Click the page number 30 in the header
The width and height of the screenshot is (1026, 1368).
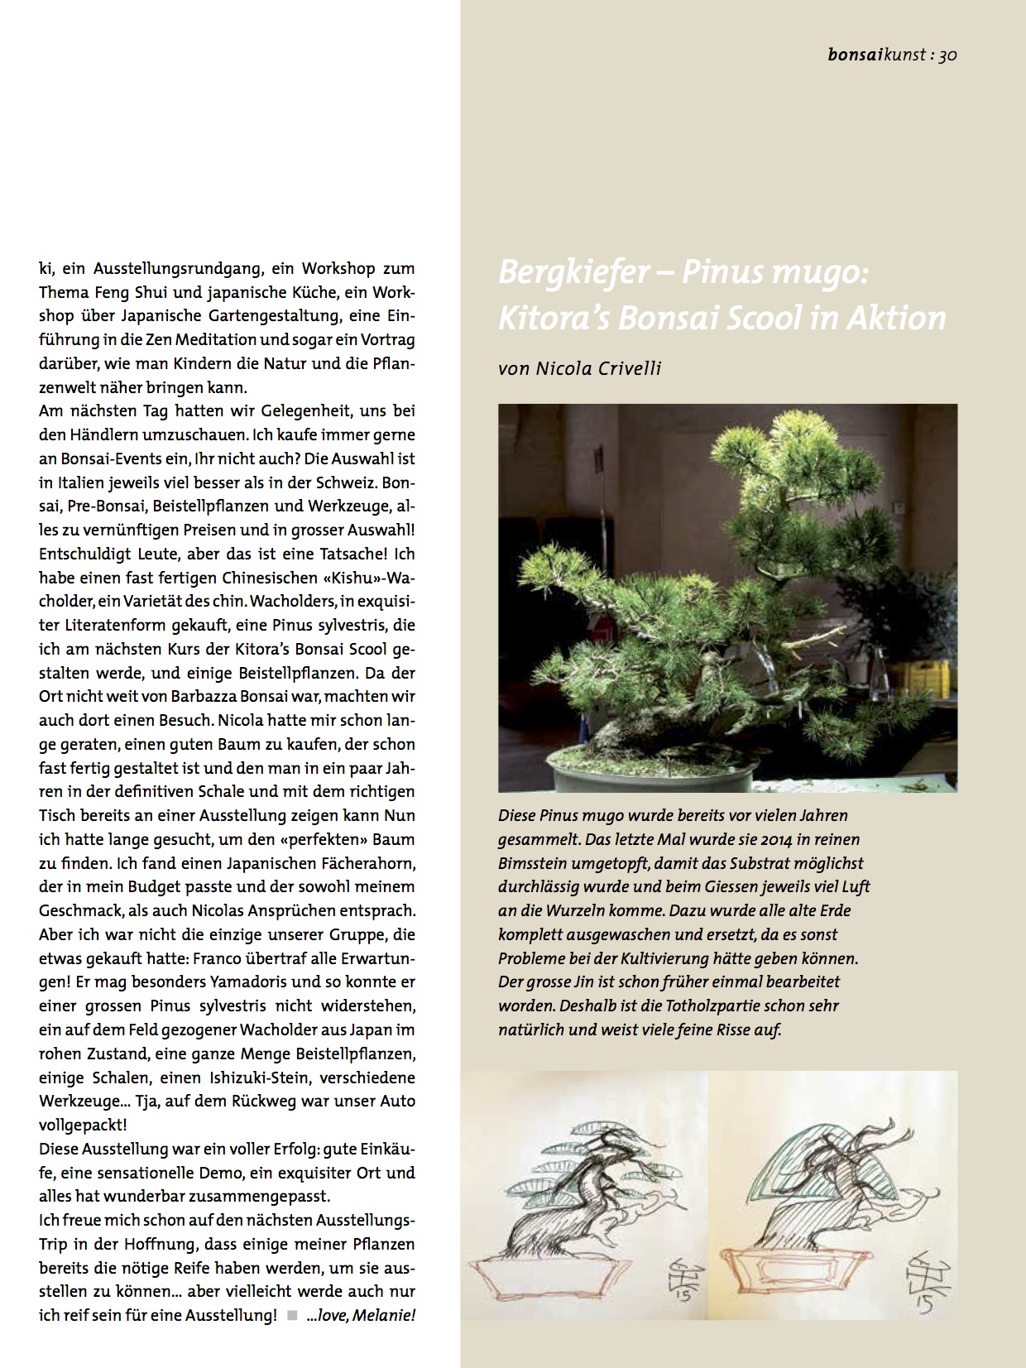click(x=947, y=56)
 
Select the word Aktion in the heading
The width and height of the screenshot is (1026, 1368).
click(x=899, y=319)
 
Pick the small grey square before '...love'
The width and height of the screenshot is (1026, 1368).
click(x=290, y=1315)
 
